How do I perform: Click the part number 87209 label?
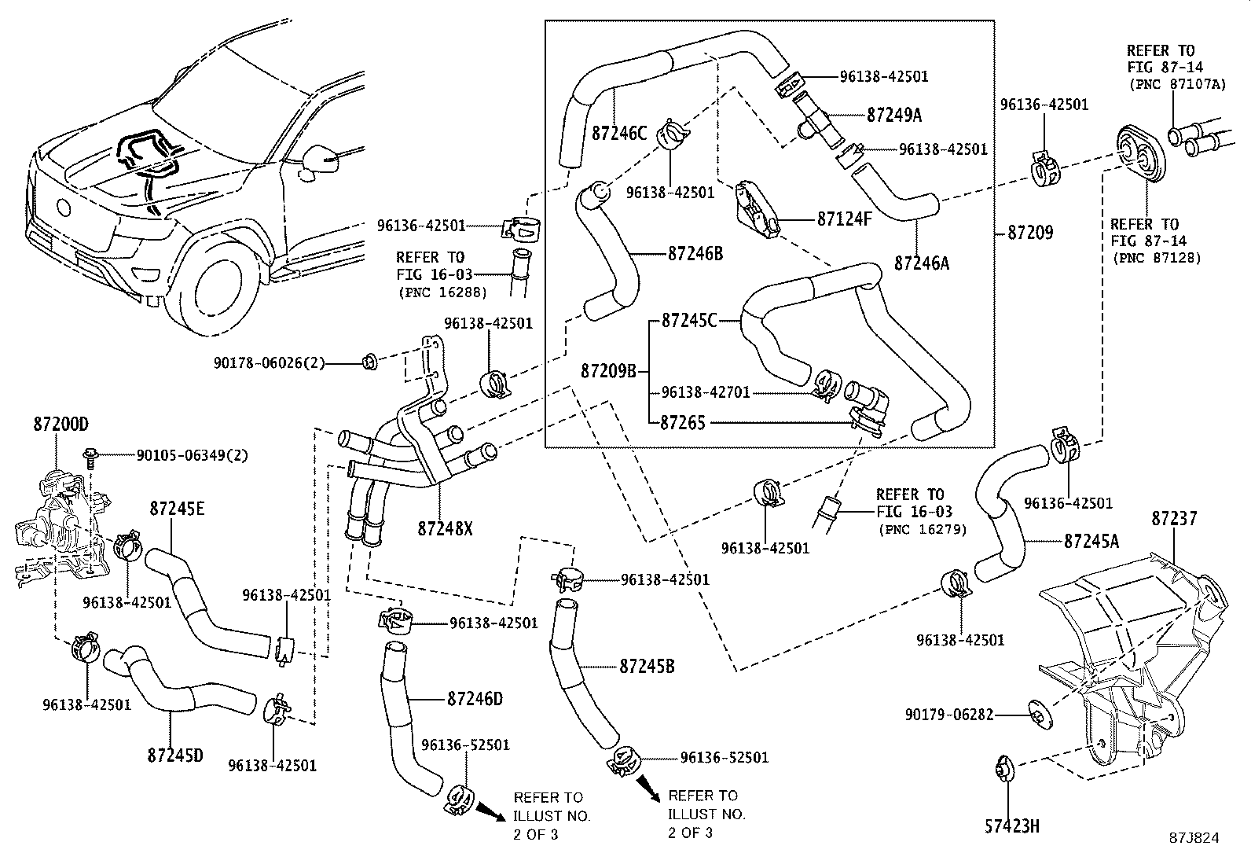pyautogui.click(x=1029, y=233)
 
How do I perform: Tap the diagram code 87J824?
pyautogui.click(x=1193, y=838)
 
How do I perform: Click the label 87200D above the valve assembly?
pyautogui.click(x=61, y=425)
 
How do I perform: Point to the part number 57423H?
pyautogui.click(x=1011, y=825)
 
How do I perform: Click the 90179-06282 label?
pyautogui.click(x=949, y=715)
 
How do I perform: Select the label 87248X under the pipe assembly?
pyautogui.click(x=445, y=529)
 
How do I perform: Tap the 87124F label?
pyautogui.click(x=844, y=219)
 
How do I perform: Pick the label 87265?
pyautogui.click(x=682, y=422)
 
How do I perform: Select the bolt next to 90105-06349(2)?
pyautogui.click(x=89, y=457)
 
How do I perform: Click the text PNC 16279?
pyautogui.click(x=923, y=529)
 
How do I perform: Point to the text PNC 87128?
pyautogui.click(x=1156, y=257)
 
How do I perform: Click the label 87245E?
pyautogui.click(x=177, y=509)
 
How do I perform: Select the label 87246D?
pyautogui.click(x=475, y=697)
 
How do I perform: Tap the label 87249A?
pyautogui.click(x=894, y=116)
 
